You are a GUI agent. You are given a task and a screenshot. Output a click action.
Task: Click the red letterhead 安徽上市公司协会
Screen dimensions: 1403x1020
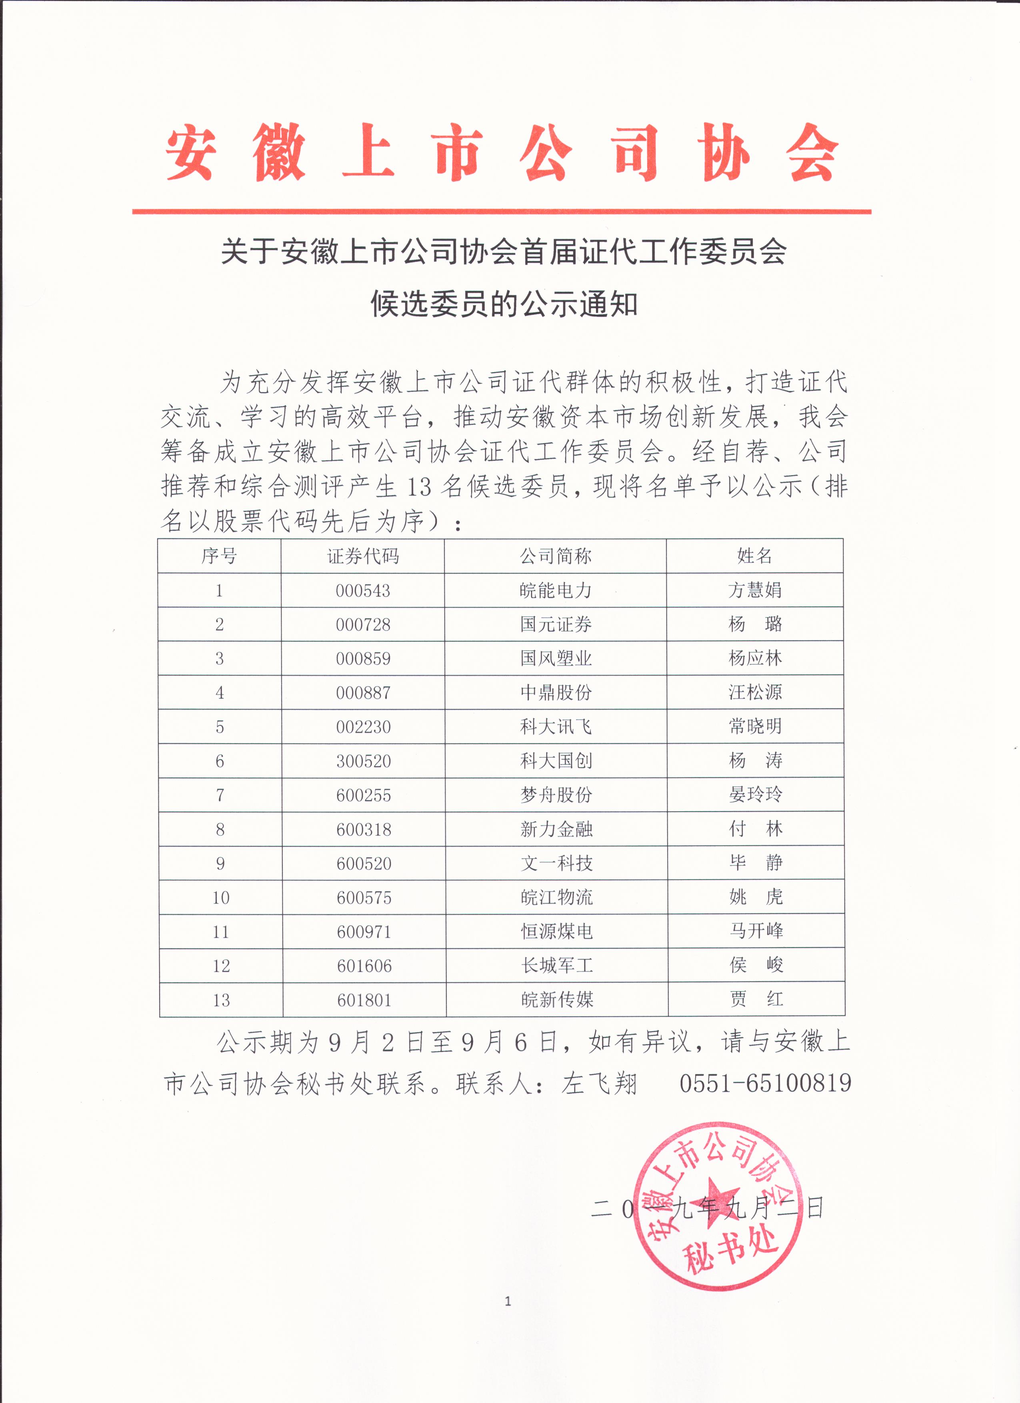501,153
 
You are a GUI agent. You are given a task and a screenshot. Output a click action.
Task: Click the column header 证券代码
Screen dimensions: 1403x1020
363,556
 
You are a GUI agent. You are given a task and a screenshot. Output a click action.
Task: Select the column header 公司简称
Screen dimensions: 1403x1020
556,556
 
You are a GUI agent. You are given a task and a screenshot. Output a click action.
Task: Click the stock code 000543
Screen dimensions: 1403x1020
363,591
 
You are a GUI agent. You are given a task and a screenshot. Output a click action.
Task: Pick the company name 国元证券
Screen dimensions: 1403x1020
556,624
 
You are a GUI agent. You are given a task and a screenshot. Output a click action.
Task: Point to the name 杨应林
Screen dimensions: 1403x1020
755,658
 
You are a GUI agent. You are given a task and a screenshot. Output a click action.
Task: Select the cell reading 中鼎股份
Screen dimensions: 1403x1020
556,692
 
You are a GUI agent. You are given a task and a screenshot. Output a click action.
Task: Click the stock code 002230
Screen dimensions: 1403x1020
363,727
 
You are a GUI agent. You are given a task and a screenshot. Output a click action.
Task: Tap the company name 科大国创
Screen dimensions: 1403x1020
556,760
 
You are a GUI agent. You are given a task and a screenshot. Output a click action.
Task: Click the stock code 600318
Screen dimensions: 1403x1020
364,829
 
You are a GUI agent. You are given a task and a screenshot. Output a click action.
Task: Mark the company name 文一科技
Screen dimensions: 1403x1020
556,863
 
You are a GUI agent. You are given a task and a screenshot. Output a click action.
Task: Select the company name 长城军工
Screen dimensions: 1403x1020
557,965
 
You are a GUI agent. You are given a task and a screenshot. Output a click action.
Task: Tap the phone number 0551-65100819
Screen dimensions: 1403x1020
765,1083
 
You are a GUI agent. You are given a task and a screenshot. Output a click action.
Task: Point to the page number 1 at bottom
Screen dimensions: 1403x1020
508,1301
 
